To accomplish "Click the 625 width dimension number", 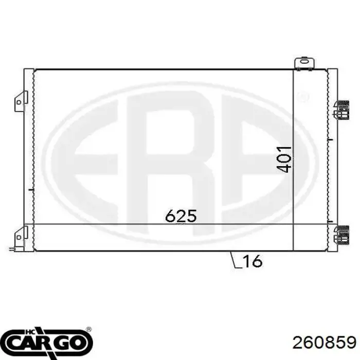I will click(181, 216).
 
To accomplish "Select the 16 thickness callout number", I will click(252, 261).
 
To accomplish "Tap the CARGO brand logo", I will click(49, 341).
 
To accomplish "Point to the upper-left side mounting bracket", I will click(20, 101).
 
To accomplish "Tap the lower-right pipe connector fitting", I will click(340, 234).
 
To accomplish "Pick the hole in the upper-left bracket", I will click(19, 102).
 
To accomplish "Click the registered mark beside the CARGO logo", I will click(89, 330).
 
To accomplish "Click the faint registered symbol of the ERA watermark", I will click(303, 96).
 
